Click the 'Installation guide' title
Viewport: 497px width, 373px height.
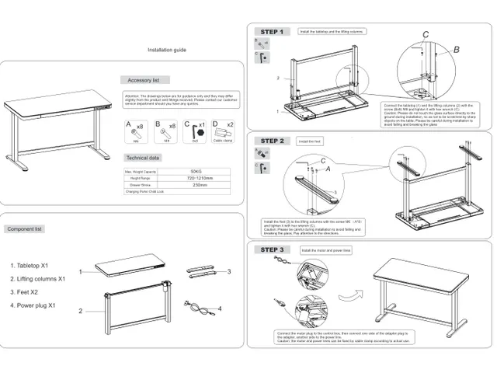[x=167, y=50]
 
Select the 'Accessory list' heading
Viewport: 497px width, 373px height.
[x=144, y=80]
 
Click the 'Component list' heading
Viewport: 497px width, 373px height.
[x=25, y=229]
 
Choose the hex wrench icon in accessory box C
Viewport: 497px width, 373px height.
[x=194, y=131]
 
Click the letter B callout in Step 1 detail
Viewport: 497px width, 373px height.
[x=457, y=50]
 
